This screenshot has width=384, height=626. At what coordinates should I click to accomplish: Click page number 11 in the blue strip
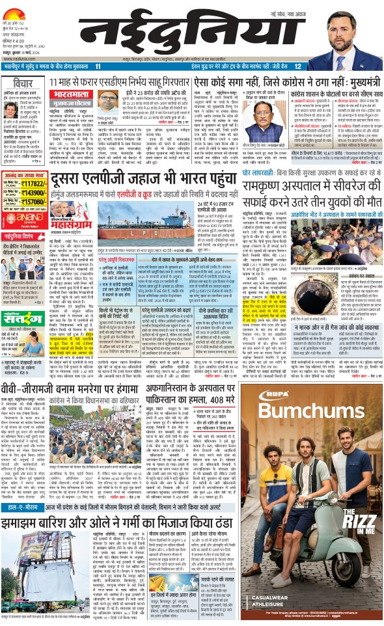[x=98, y=66]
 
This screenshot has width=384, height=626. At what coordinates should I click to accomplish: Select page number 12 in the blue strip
[x=297, y=66]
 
